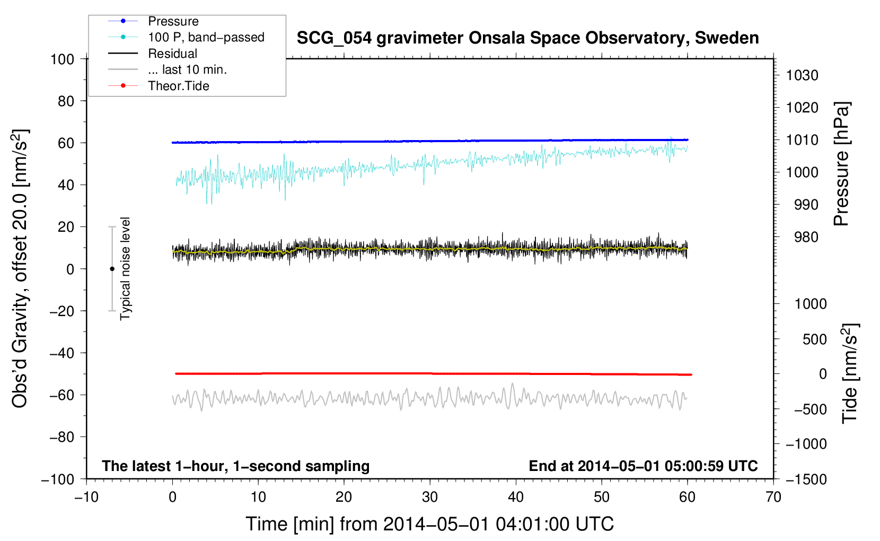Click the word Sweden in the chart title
click(x=727, y=38)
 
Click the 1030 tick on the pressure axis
click(x=802, y=75)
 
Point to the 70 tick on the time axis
click(x=773, y=497)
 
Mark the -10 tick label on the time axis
click(x=87, y=497)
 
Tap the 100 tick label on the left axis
click(x=63, y=59)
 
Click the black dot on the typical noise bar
click(x=112, y=269)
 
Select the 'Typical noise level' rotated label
click(x=125, y=269)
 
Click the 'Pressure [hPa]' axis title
click(x=841, y=164)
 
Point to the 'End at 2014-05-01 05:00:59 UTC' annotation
click(x=643, y=466)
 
